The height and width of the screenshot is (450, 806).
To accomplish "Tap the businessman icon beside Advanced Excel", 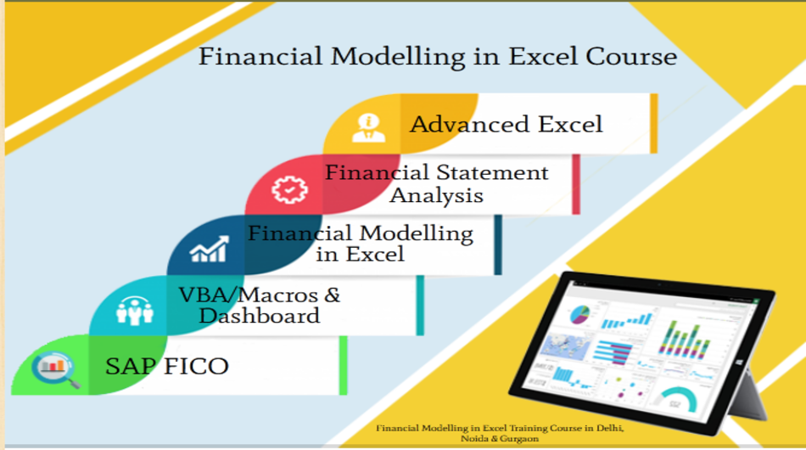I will coord(368,124).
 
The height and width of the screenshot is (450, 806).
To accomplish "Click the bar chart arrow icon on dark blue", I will coord(209,250).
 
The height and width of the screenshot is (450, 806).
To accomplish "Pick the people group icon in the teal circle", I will coord(134,311).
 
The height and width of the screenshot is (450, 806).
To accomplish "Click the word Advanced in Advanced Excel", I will coord(464,124).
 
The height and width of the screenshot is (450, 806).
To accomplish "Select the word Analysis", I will coord(436,195).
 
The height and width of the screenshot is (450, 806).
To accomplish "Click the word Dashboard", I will coord(260,316).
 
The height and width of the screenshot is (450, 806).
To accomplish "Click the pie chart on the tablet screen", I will coord(579,314).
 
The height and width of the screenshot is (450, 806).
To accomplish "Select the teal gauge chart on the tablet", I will coord(678,397).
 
